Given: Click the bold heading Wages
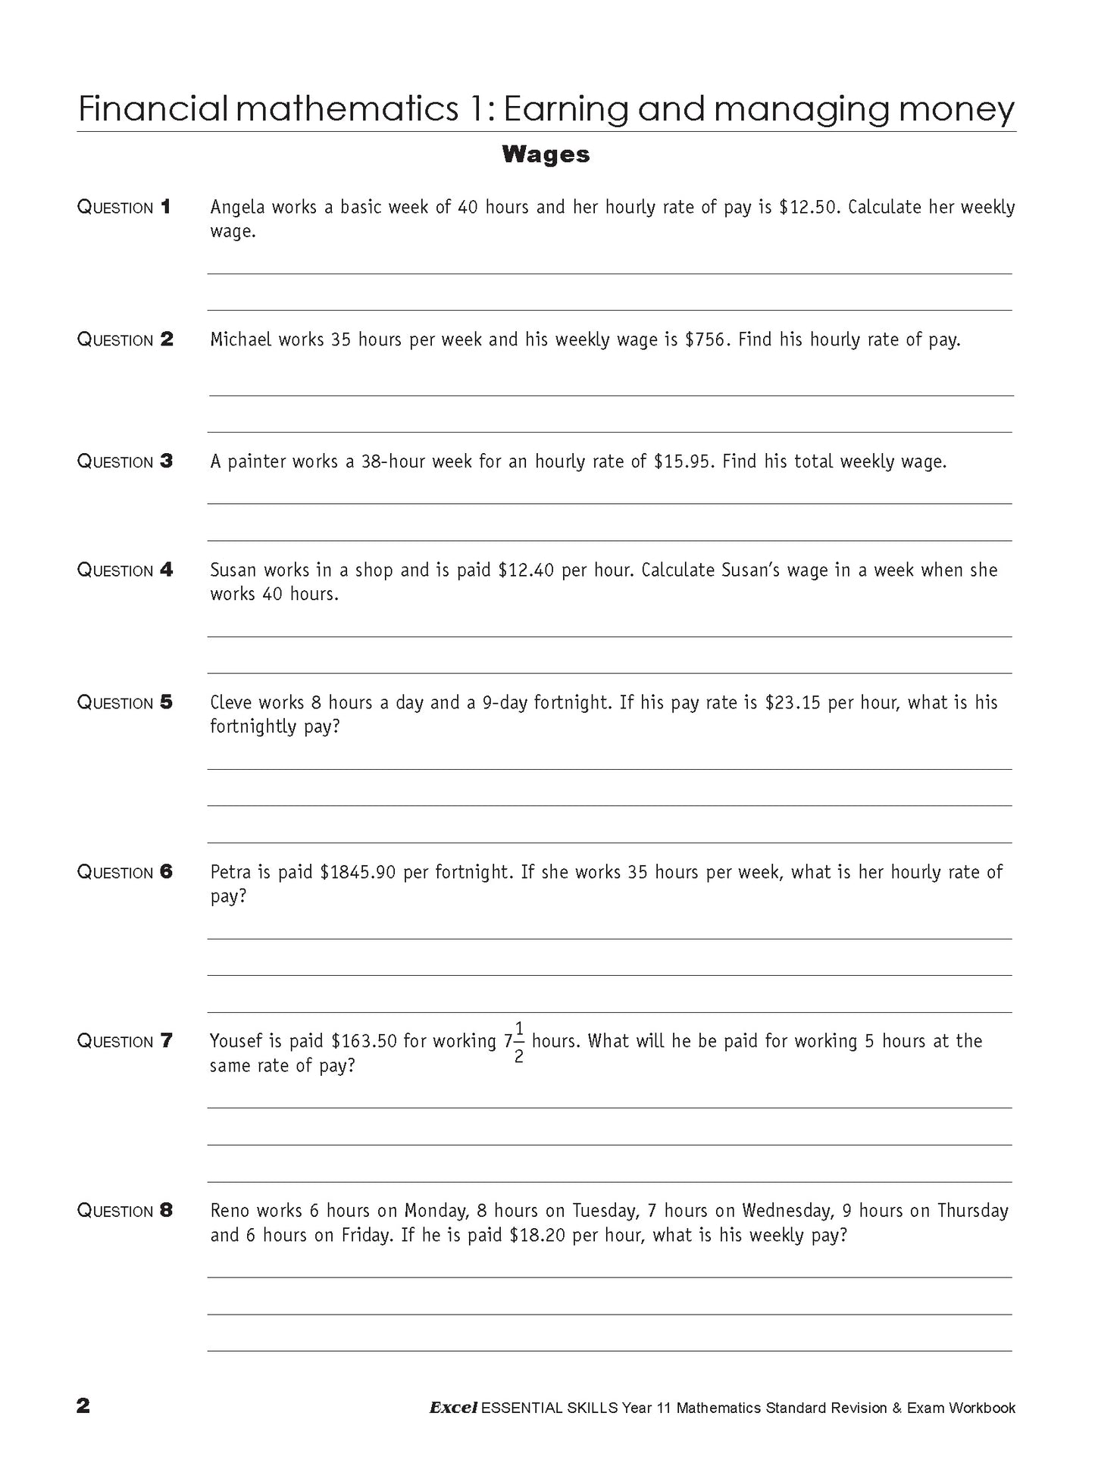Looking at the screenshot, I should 545,155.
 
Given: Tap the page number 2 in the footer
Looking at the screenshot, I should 83,1405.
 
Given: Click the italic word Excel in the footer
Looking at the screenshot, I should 453,1408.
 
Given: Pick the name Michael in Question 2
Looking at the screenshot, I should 240,340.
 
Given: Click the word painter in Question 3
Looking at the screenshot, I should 255,461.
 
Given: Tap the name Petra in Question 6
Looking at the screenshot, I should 230,872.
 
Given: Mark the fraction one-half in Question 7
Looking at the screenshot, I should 519,1043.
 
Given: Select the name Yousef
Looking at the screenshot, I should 235,1041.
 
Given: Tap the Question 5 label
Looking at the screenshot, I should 125,702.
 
